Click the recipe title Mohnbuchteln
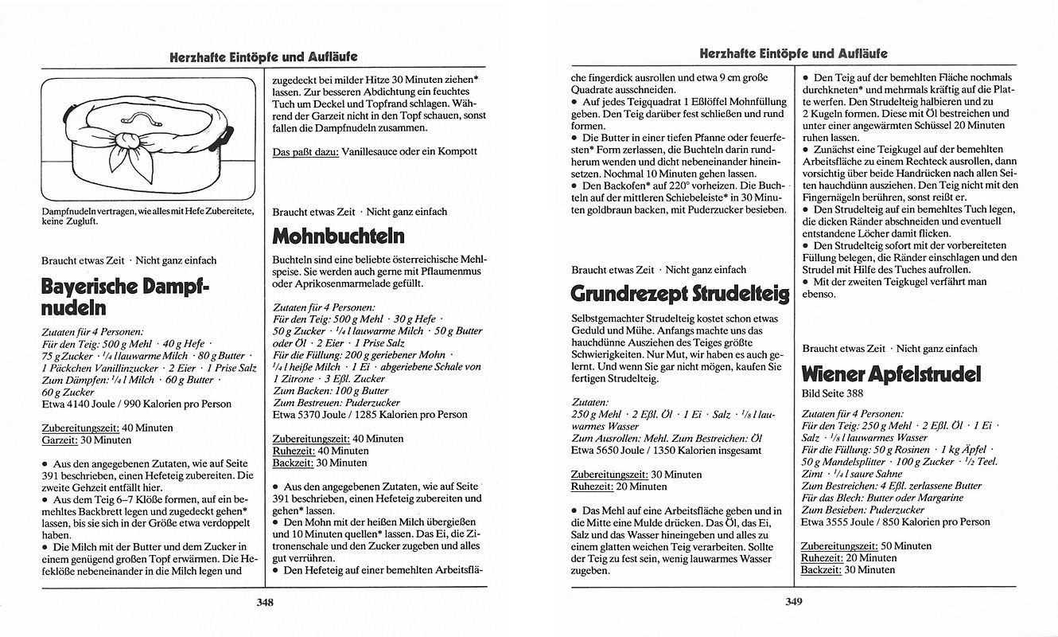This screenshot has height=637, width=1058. tap(338, 236)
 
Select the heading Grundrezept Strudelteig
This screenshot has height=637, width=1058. tap(680, 294)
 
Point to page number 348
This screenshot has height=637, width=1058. tap(265, 603)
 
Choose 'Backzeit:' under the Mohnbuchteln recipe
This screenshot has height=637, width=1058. tap(293, 462)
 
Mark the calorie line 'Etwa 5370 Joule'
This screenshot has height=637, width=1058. tap(370, 414)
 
